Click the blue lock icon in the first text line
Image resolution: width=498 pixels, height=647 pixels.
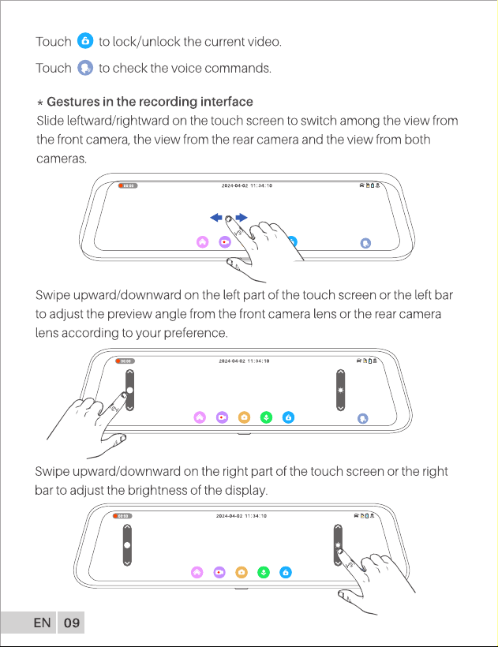coord(85,41)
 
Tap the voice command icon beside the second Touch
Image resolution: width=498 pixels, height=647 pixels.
coord(85,68)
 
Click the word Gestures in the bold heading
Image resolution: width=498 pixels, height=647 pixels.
coord(73,102)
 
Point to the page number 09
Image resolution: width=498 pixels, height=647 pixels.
coord(71,623)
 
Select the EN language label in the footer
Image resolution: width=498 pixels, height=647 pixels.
coord(42,623)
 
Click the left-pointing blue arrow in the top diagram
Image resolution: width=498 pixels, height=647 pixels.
coord(216,218)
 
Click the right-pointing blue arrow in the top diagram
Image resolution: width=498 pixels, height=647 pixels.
coord(242,218)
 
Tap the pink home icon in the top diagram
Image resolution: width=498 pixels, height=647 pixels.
coord(203,242)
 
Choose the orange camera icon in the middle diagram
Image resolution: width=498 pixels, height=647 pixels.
coord(244,417)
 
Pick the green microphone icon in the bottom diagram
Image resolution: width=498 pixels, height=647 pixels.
coord(264,572)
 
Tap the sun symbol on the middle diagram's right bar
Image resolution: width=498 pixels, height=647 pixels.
coord(340,390)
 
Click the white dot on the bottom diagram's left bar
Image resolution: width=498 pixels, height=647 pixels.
coord(127,545)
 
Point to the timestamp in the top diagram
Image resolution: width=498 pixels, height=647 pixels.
coord(247,185)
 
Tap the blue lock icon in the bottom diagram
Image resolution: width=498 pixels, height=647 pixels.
coord(286,572)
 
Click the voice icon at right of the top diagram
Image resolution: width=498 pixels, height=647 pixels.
coord(365,243)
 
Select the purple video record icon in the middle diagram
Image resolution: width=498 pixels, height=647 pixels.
coord(222,417)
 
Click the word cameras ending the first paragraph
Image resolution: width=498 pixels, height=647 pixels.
coord(62,159)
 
